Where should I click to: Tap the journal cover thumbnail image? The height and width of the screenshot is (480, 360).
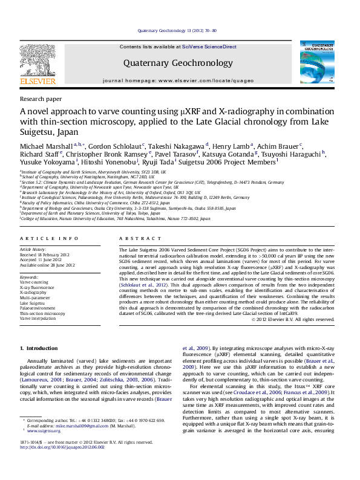pos(317,62)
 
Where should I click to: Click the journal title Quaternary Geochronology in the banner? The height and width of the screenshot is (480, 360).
pos(178,63)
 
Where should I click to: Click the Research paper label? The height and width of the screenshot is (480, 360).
pos(41,98)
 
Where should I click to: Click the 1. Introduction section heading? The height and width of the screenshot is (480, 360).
pos(39,348)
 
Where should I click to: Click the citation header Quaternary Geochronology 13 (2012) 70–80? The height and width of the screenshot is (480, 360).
pos(177,30)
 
